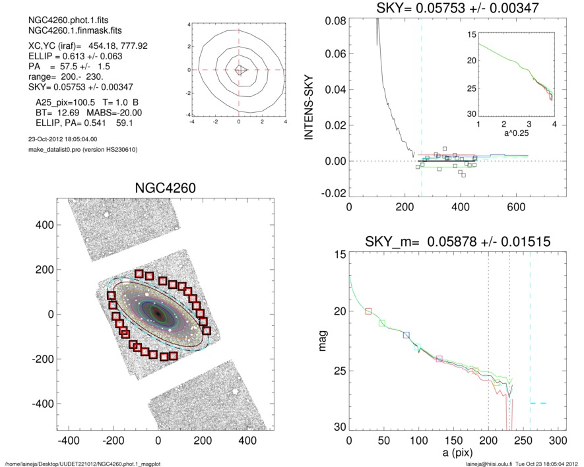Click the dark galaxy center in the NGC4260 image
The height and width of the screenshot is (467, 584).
click(x=158, y=314)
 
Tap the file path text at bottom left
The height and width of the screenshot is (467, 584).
click(x=82, y=463)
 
